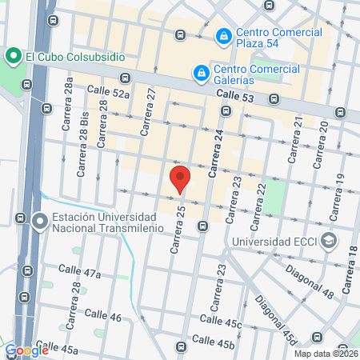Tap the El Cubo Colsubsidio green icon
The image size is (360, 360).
(12, 56)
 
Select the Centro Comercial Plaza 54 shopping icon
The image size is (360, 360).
(222, 37)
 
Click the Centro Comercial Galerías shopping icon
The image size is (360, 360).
(201, 74)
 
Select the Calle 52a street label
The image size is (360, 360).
(108, 94)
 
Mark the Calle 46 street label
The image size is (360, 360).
(102, 316)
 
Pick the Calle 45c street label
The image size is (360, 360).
(222, 322)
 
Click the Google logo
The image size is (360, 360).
(26, 350)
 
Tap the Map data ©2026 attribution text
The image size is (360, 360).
(326, 354)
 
